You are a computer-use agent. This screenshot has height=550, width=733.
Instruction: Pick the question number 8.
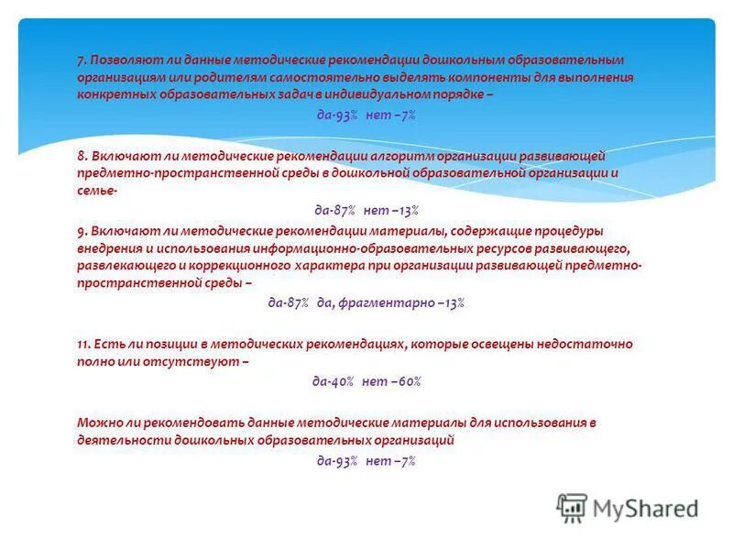coord(82,156)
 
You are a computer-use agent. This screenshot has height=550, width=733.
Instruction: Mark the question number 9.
coord(82,231)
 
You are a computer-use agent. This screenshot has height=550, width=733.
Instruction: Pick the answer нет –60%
coord(391,381)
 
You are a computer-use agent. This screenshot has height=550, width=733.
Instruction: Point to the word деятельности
coord(119,440)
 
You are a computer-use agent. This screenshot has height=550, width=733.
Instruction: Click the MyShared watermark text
coord(645,507)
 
